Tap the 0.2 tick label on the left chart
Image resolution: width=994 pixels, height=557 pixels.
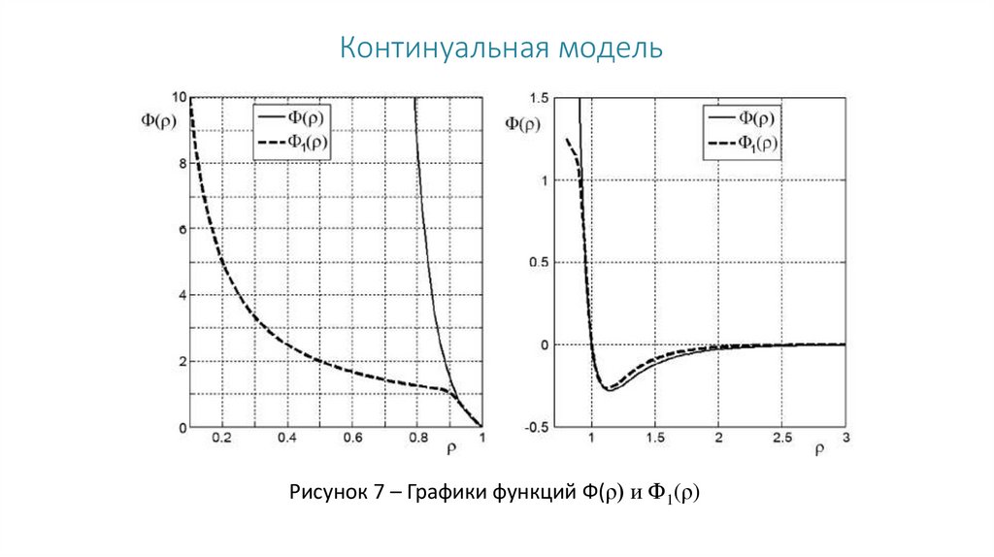pos(221,439)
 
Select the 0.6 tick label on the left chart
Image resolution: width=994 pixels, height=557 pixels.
pos(352,439)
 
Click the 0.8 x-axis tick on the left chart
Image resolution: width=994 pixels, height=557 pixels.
pos(417,439)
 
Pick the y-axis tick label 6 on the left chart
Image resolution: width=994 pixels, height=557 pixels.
pos(181,230)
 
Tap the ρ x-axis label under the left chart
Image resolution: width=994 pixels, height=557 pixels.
pos(453,448)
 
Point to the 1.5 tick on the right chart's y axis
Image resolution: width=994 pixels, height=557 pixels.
pos(540,98)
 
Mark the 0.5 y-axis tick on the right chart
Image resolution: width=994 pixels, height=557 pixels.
pos(540,263)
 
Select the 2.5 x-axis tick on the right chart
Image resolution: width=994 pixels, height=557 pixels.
pos(781,439)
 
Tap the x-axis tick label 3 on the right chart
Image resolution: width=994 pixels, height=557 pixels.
pos(845,439)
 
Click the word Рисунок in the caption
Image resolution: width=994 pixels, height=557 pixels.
pos(326,492)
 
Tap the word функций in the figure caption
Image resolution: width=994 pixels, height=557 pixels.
pos(538,492)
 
